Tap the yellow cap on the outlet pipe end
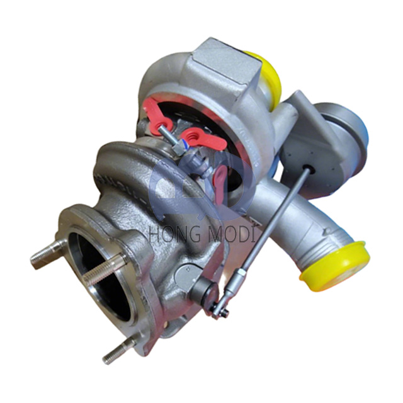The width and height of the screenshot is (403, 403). point(335,266)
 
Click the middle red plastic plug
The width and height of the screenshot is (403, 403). point(203,139)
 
